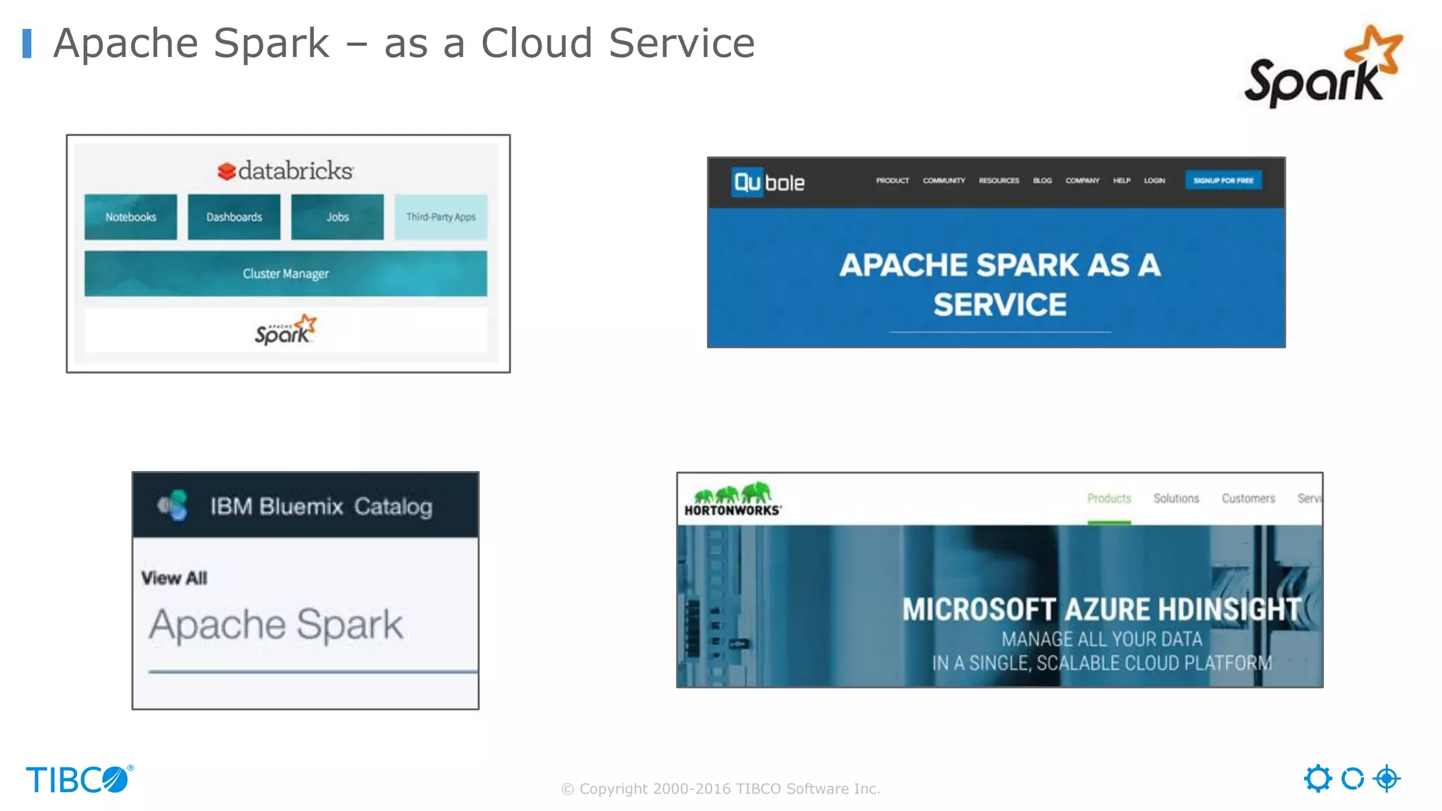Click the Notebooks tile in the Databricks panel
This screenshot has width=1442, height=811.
[131, 217]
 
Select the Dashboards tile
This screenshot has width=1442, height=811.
[234, 217]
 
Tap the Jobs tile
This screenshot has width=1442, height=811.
[337, 217]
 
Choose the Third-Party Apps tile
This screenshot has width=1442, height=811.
[441, 217]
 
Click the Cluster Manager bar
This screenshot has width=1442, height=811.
[285, 273]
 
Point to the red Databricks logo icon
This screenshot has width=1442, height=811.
[226, 171]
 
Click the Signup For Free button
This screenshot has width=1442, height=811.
[1223, 180]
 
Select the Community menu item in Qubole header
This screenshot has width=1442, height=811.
[943, 181]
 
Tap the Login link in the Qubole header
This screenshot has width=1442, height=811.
[1154, 181]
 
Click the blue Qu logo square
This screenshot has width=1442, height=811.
[747, 182]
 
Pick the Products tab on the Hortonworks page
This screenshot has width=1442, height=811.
[1109, 498]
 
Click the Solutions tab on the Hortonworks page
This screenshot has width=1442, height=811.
[1176, 498]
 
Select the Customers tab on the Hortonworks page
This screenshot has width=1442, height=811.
[1248, 498]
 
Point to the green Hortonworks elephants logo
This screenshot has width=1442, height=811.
[732, 492]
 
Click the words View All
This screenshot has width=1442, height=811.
[174, 578]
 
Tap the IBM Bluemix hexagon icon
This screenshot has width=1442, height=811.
[173, 505]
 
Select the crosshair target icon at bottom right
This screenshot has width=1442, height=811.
[1386, 779]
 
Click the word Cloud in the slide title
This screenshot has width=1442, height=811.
[537, 43]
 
